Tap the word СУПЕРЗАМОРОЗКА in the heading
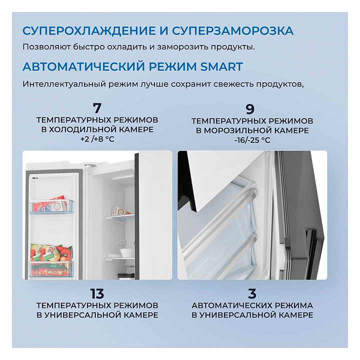232,31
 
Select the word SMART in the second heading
221,66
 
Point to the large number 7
97,108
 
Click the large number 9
250,109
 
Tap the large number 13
97,293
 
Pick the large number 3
252,293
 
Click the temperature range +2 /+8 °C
97,139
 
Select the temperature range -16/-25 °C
252,140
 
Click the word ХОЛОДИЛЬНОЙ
86,129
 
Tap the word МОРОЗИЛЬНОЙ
238,130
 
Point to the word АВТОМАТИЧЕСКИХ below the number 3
232,305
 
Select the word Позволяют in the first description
46,47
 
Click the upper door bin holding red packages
51,206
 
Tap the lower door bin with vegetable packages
51,269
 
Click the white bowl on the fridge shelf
127,252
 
